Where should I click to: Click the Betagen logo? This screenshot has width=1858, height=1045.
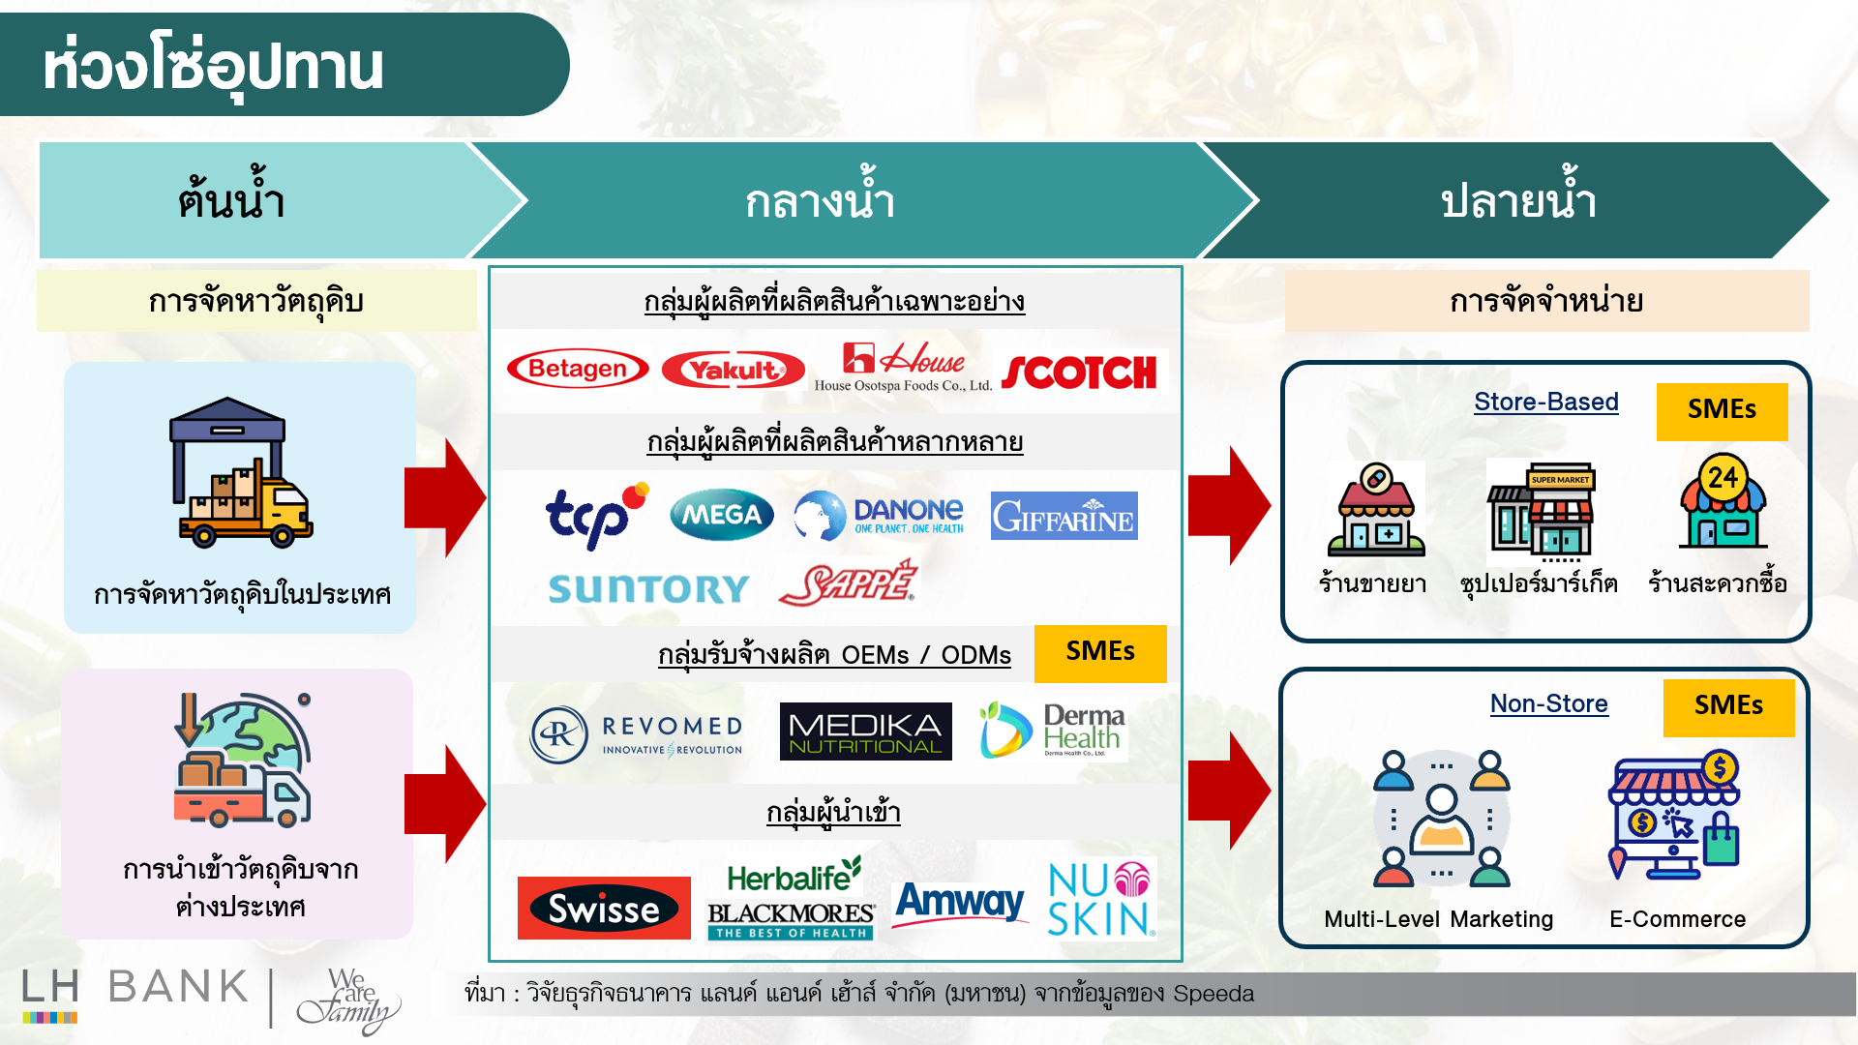tap(578, 369)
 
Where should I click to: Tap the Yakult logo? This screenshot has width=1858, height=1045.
tap(733, 371)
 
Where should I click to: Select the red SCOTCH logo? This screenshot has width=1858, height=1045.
tap(1079, 373)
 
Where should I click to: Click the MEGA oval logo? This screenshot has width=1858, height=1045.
tap(721, 515)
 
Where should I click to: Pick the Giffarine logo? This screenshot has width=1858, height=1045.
tap(1064, 517)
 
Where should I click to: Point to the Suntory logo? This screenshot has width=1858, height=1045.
tap(648, 588)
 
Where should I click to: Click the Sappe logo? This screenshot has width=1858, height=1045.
tap(848, 584)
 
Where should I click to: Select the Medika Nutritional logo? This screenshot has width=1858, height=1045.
tap(865, 732)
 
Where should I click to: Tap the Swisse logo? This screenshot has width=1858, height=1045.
tap(604, 909)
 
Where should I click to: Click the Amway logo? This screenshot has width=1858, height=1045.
tap(959, 902)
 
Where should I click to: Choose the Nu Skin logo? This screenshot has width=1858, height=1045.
tap(1100, 899)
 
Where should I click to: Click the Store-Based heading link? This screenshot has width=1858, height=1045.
tap(1545, 402)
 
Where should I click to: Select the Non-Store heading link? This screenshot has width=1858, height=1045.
tap(1548, 703)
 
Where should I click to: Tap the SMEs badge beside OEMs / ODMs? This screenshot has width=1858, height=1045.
tap(1100, 652)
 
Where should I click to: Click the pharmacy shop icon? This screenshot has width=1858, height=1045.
tap(1375, 510)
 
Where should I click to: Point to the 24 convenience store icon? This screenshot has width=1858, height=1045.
tap(1723, 503)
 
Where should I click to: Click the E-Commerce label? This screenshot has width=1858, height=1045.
tap(1677, 919)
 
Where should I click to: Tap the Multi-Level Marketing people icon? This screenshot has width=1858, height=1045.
tap(1441, 819)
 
